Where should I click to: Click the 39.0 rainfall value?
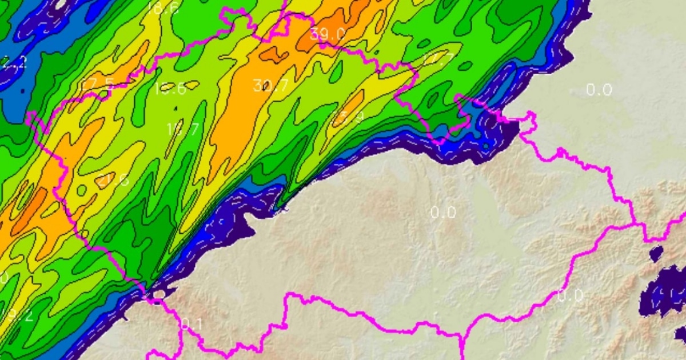point(328,34)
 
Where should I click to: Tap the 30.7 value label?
point(270,86)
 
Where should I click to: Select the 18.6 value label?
point(162,8)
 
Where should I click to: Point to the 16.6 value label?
point(170,89)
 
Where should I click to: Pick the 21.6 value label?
point(112,181)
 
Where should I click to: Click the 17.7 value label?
point(438,59)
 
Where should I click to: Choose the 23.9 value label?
point(348,118)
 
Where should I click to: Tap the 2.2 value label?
point(14,62)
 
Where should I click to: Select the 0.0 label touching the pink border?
point(570,295)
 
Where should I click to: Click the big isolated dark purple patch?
point(666,291)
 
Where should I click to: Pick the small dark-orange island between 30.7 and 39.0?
point(273,54)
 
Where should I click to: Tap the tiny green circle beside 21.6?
point(82,189)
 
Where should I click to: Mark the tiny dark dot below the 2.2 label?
point(21,90)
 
